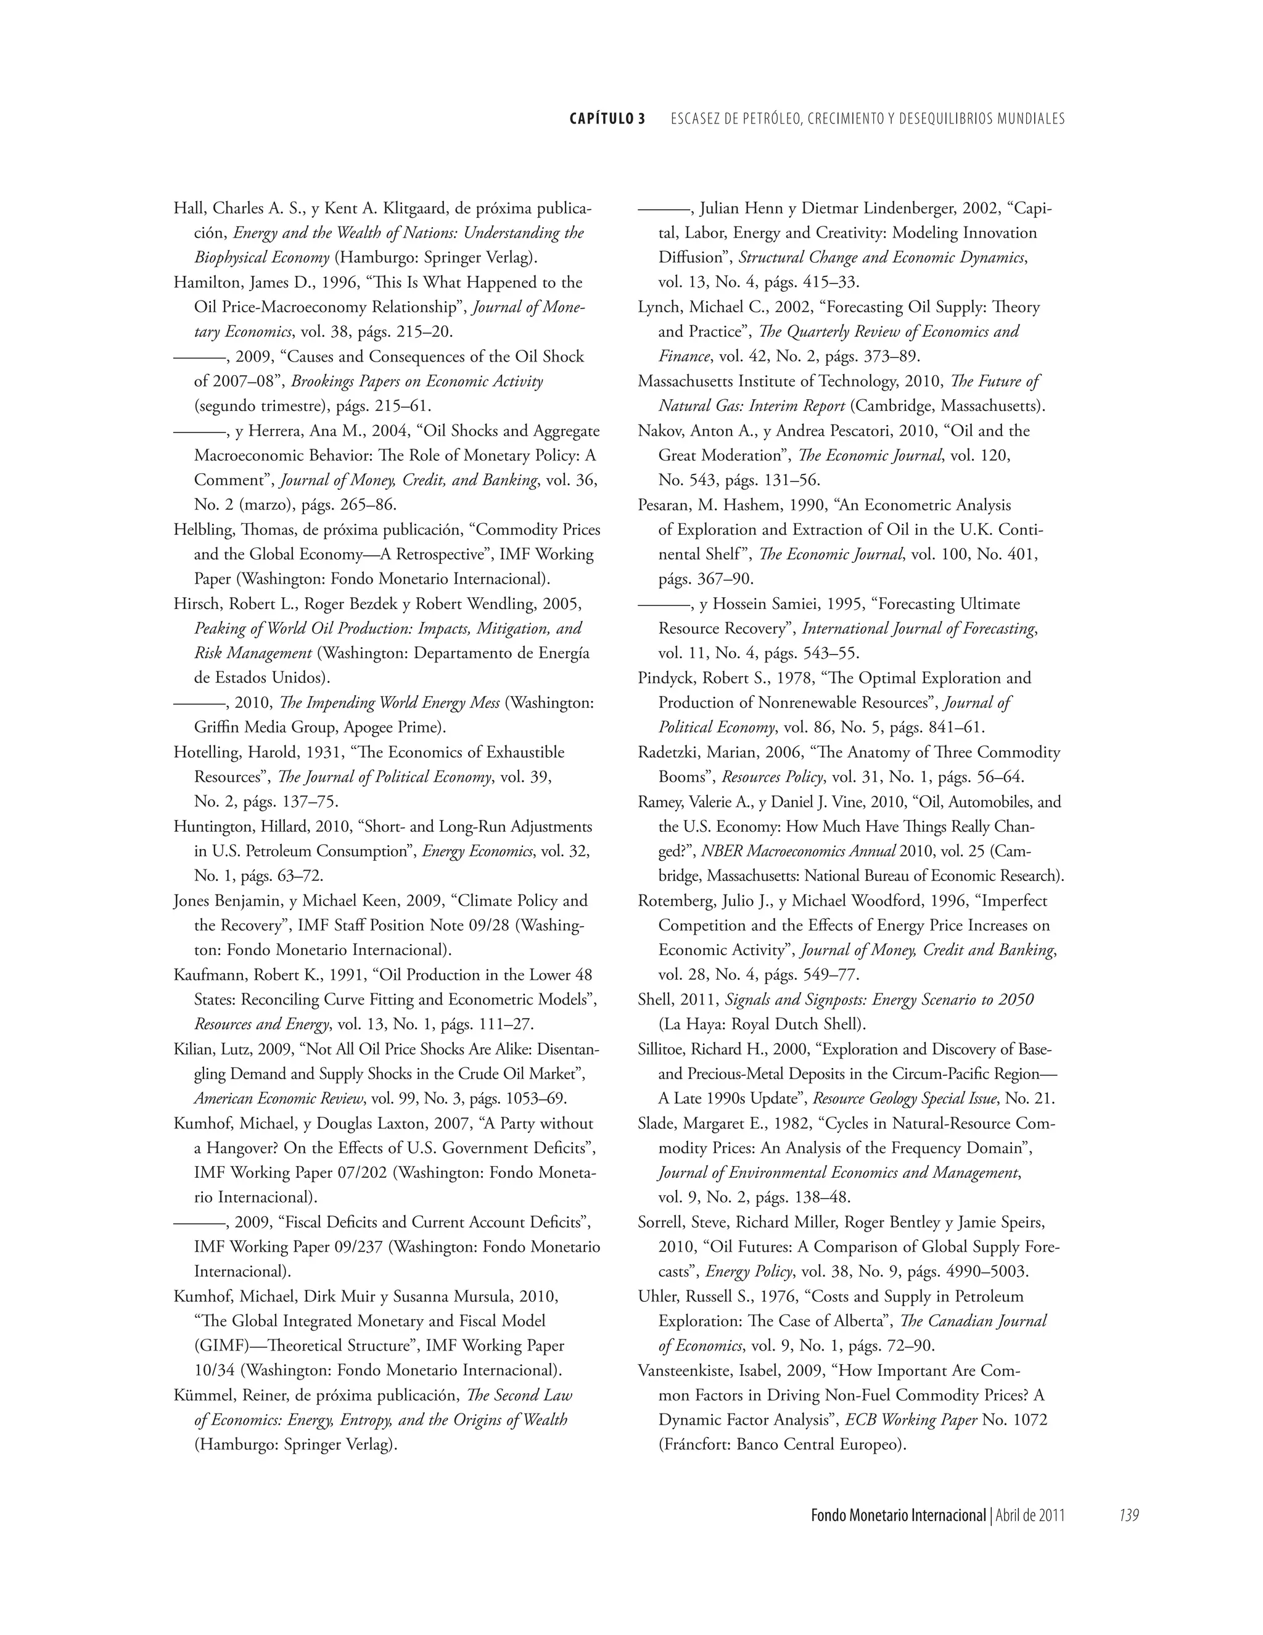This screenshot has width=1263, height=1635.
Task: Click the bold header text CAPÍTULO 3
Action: click(x=607, y=119)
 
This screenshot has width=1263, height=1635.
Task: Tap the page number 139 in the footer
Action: click(x=1129, y=1516)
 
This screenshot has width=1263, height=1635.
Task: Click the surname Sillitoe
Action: click(x=663, y=1049)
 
